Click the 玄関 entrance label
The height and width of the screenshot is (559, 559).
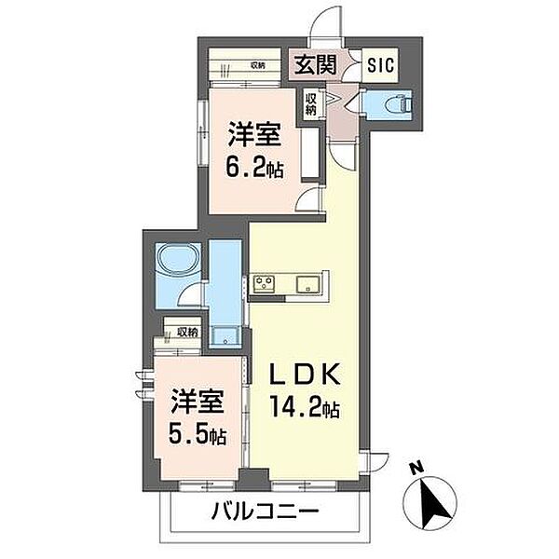click(x=316, y=64)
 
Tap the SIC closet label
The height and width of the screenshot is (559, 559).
click(x=380, y=65)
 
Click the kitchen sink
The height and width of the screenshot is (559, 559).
click(x=308, y=284)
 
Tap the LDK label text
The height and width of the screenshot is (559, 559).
click(x=304, y=374)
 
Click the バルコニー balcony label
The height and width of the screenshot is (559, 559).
click(x=265, y=512)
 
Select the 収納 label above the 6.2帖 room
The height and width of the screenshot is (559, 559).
click(x=257, y=65)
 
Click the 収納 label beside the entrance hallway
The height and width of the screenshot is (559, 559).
click(x=310, y=103)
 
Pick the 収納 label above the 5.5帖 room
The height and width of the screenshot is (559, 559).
click(x=187, y=333)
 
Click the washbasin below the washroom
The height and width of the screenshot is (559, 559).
click(x=225, y=335)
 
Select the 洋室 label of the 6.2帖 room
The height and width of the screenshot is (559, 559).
click(x=254, y=135)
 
